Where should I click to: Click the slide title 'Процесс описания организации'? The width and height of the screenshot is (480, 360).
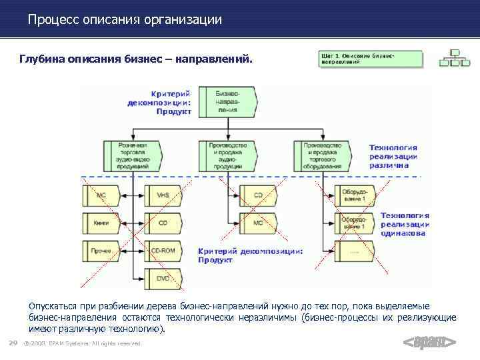pos(125,19)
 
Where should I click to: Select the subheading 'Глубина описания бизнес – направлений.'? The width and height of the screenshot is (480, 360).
pos(137,60)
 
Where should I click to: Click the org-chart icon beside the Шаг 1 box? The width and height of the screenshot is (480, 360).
pos(454,59)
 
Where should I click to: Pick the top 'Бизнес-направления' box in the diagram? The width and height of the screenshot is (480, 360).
pos(228,102)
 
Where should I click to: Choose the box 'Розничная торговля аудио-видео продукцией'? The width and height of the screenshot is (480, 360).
pos(133,155)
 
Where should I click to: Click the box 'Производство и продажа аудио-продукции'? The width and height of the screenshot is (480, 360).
pos(227,155)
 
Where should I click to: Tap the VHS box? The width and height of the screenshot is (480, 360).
pos(162,196)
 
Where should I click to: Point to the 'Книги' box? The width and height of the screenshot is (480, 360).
pos(101,223)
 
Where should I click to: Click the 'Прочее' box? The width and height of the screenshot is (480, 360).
pos(101,251)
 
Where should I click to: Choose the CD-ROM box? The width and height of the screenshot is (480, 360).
pos(162,251)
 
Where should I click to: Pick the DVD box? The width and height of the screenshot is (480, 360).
pos(162,278)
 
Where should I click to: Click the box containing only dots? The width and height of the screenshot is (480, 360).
pos(353,251)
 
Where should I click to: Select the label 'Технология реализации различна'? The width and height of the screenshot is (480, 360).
pos(393,156)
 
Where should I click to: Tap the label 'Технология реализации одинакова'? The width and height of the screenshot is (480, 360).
pos(404,225)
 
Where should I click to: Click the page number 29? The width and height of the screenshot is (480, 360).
pos(12,343)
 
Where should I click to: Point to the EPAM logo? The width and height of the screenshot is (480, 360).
pos(430,343)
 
